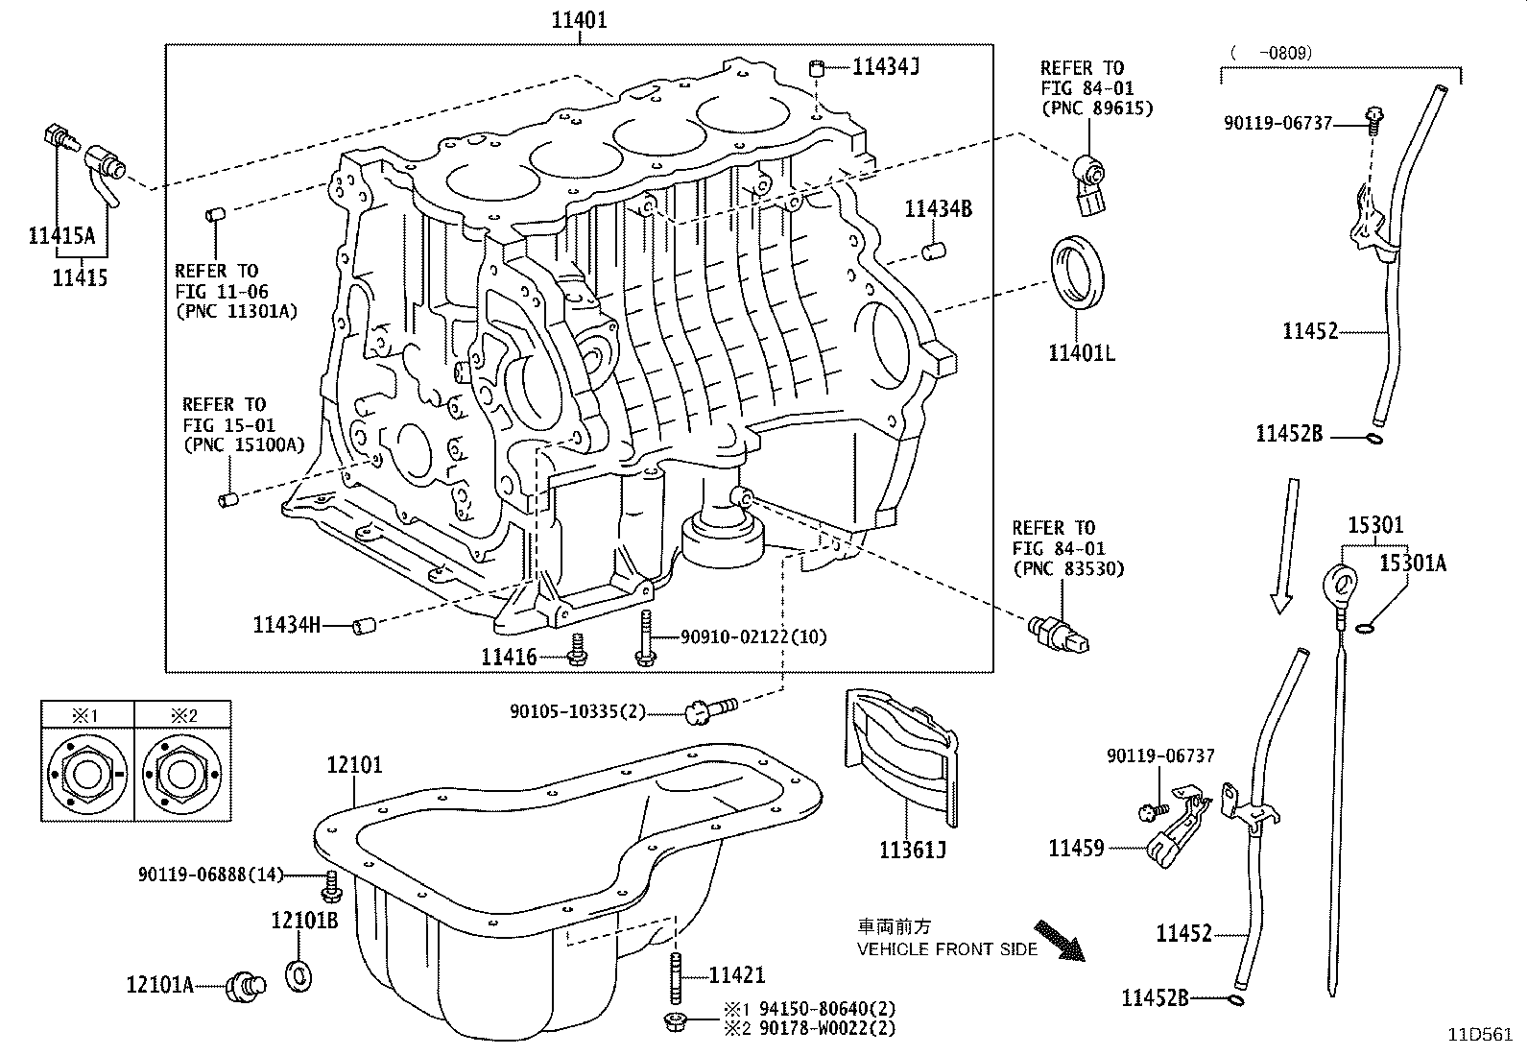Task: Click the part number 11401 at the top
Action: (x=579, y=18)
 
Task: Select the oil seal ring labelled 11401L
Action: (x=1080, y=272)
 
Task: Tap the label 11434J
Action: (x=886, y=66)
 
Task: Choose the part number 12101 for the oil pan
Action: (x=353, y=765)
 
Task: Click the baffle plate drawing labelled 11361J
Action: (x=901, y=757)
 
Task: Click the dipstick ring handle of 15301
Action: (x=1341, y=582)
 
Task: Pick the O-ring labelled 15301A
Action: (x=1370, y=629)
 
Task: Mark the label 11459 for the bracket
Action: (x=1076, y=848)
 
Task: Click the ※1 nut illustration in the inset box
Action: (x=85, y=774)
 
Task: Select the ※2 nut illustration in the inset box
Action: (x=181, y=774)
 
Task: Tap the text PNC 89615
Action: (x=1096, y=108)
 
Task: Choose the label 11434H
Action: (x=286, y=625)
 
